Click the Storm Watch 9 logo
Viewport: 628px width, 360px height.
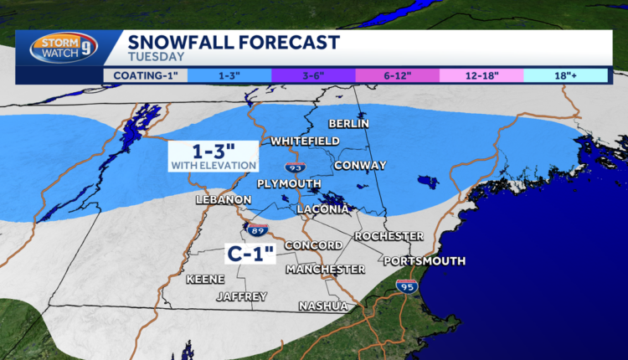[x=61, y=49]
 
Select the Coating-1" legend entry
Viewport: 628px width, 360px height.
[x=145, y=75]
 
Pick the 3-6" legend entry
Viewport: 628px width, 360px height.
[x=313, y=75]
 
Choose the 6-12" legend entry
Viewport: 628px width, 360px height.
[x=397, y=75]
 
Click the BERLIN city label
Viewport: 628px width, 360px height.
[x=349, y=122]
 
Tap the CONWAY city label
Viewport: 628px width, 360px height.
[x=360, y=166]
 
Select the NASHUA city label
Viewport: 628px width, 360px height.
[x=324, y=306]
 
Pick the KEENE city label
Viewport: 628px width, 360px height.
[x=205, y=278]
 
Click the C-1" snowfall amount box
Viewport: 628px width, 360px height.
[x=252, y=250]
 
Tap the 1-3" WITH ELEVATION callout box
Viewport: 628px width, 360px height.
[x=213, y=156]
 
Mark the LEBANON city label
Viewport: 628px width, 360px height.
[x=223, y=200]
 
